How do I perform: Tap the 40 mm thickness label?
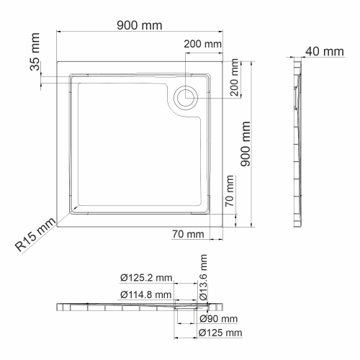(323, 51)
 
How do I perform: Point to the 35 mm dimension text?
(35, 67)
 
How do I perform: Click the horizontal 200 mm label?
(202, 44)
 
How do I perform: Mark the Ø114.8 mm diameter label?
(147, 294)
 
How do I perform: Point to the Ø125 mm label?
(221, 333)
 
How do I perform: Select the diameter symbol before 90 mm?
(204, 319)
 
